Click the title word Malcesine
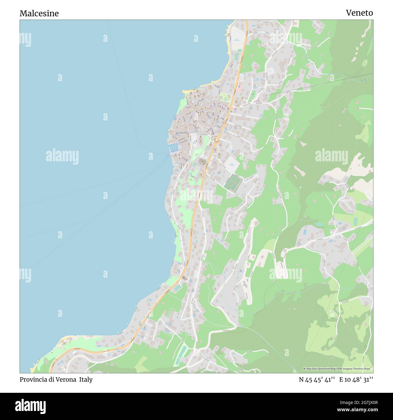39,13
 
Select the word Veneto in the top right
359,13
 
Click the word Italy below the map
86,380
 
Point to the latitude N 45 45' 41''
317,380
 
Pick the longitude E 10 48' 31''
356,380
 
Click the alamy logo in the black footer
31,406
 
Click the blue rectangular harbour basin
174,147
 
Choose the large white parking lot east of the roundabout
232,163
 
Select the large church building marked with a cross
202,162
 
